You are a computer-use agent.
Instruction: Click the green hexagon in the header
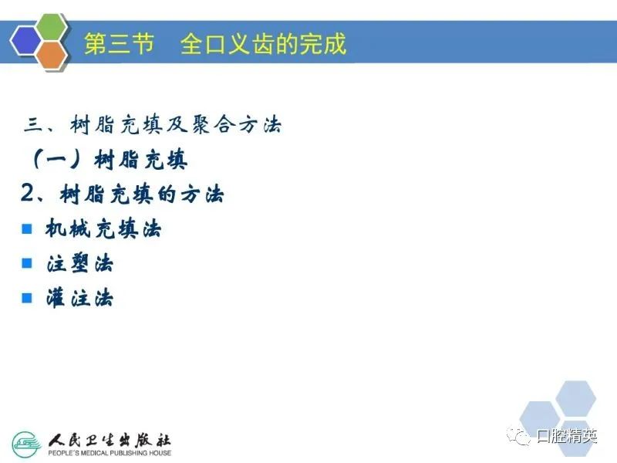52,27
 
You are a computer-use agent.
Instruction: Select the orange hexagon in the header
52,56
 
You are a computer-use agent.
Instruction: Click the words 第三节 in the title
119,43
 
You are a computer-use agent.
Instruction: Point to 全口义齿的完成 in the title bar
263,43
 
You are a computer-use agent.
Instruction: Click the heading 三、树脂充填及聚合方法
153,125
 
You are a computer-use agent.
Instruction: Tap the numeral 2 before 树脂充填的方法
29,194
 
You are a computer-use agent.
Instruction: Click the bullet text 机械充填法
103,228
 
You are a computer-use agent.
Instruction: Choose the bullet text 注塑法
80,263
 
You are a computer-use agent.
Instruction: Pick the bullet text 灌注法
80,298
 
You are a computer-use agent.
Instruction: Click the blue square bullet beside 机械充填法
27,228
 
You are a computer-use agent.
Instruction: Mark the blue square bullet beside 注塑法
27,263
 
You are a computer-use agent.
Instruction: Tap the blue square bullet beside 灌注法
27,298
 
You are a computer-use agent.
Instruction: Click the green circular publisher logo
27,444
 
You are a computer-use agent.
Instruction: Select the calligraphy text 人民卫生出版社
110,441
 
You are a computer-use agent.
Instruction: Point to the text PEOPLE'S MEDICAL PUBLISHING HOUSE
110,453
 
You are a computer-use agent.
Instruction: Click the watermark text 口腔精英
567,436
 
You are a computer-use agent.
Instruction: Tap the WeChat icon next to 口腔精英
518,436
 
